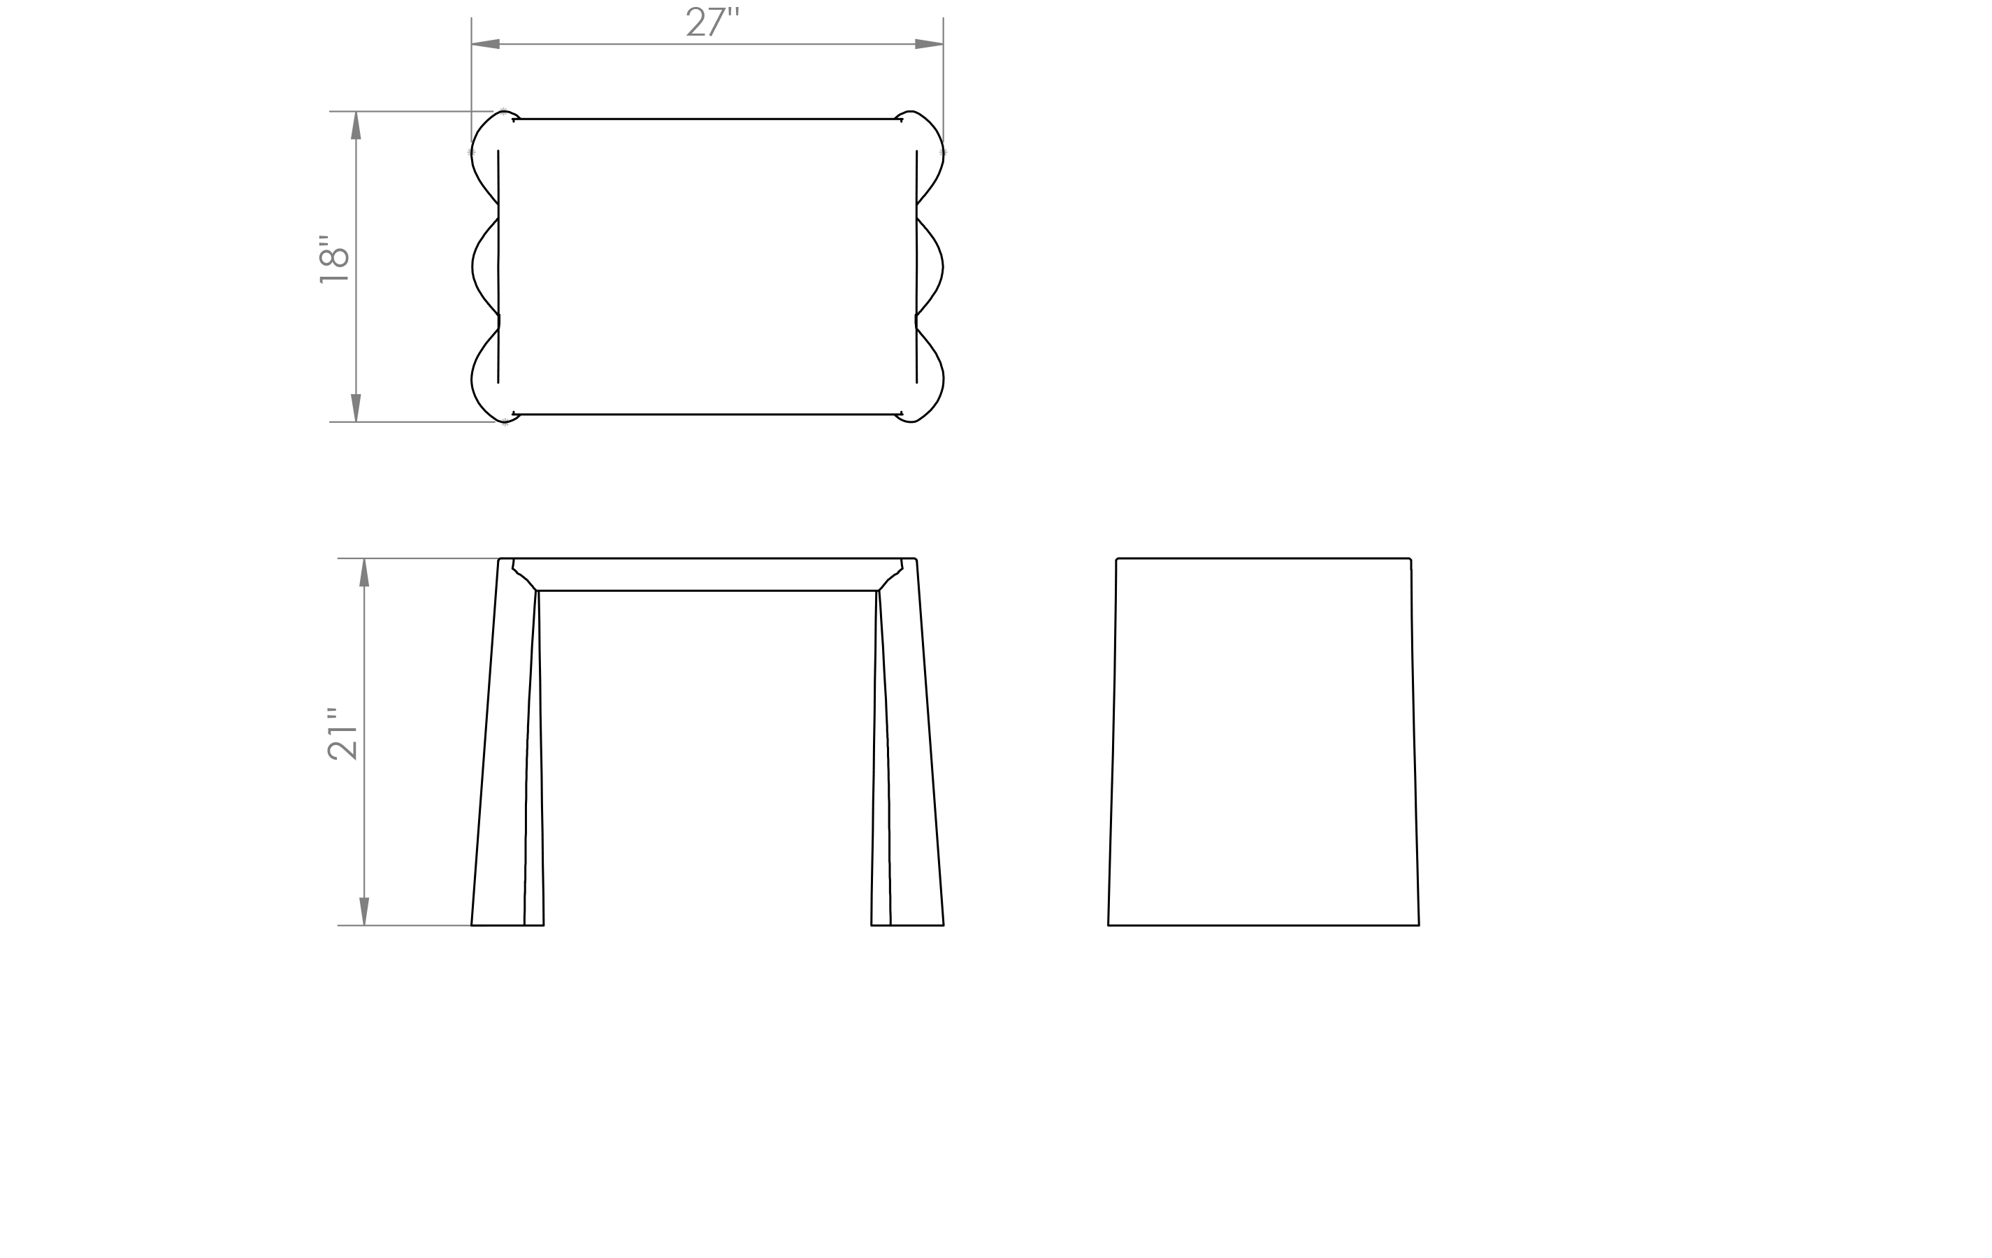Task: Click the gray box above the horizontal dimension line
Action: click(712, 22)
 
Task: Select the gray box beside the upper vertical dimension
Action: click(333, 260)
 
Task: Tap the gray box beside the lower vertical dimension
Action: click(342, 734)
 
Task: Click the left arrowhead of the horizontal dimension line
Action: click(486, 44)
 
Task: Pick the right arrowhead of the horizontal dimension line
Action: click(928, 44)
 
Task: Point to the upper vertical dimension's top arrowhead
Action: click(356, 125)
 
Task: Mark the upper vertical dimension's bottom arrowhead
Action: click(356, 407)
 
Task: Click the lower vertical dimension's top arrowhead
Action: click(364, 572)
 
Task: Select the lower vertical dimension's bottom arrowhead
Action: click(364, 911)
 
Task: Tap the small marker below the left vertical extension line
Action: click(470, 152)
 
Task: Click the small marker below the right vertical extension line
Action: click(943, 152)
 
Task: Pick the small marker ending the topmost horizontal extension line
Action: click(503, 111)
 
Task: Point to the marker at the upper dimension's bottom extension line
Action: click(505, 422)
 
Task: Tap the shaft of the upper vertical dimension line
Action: click(356, 331)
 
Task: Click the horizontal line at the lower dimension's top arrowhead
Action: click(430, 558)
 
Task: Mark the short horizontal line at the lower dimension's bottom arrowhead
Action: click(414, 925)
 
